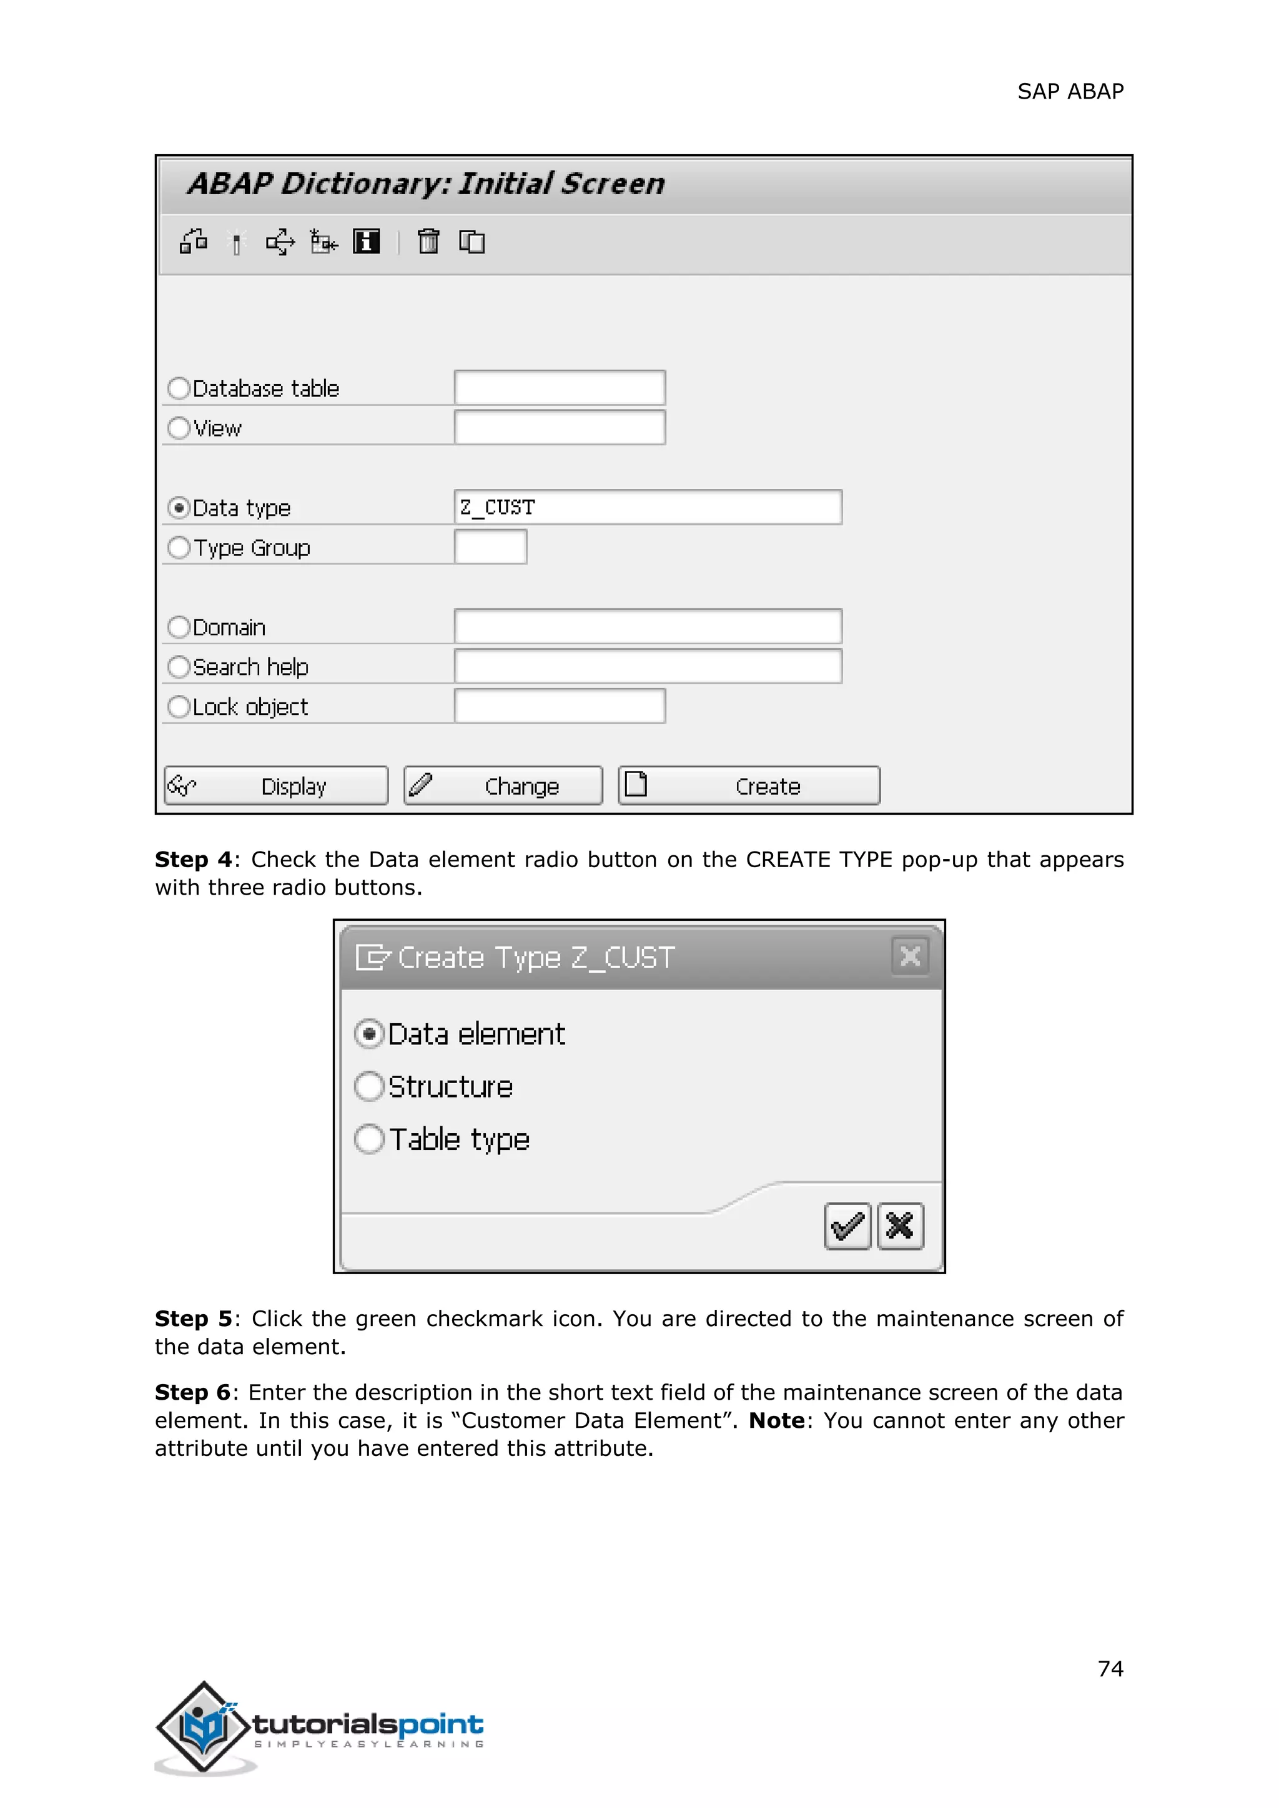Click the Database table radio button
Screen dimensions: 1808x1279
pos(179,388)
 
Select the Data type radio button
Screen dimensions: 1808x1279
pos(179,508)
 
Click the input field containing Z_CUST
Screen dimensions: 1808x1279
pos(648,507)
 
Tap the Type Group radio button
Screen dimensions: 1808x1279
pos(179,548)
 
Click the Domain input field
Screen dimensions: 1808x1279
pos(648,627)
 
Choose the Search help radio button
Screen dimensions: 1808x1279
pos(179,667)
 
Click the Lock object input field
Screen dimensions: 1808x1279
pos(559,706)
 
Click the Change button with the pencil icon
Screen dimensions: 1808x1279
pos(503,786)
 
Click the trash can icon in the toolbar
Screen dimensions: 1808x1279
pos(428,241)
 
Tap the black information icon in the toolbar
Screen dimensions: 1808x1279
pos(366,241)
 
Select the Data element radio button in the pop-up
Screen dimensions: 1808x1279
pos(369,1034)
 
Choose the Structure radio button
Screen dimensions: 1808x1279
pos(369,1087)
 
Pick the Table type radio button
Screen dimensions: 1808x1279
pos(369,1139)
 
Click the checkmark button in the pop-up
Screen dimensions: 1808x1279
pos(847,1226)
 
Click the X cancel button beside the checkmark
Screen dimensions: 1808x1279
pos(900,1226)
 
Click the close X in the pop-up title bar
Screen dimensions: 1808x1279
pos(910,956)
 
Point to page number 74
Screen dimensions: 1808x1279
pos(1110,1669)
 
